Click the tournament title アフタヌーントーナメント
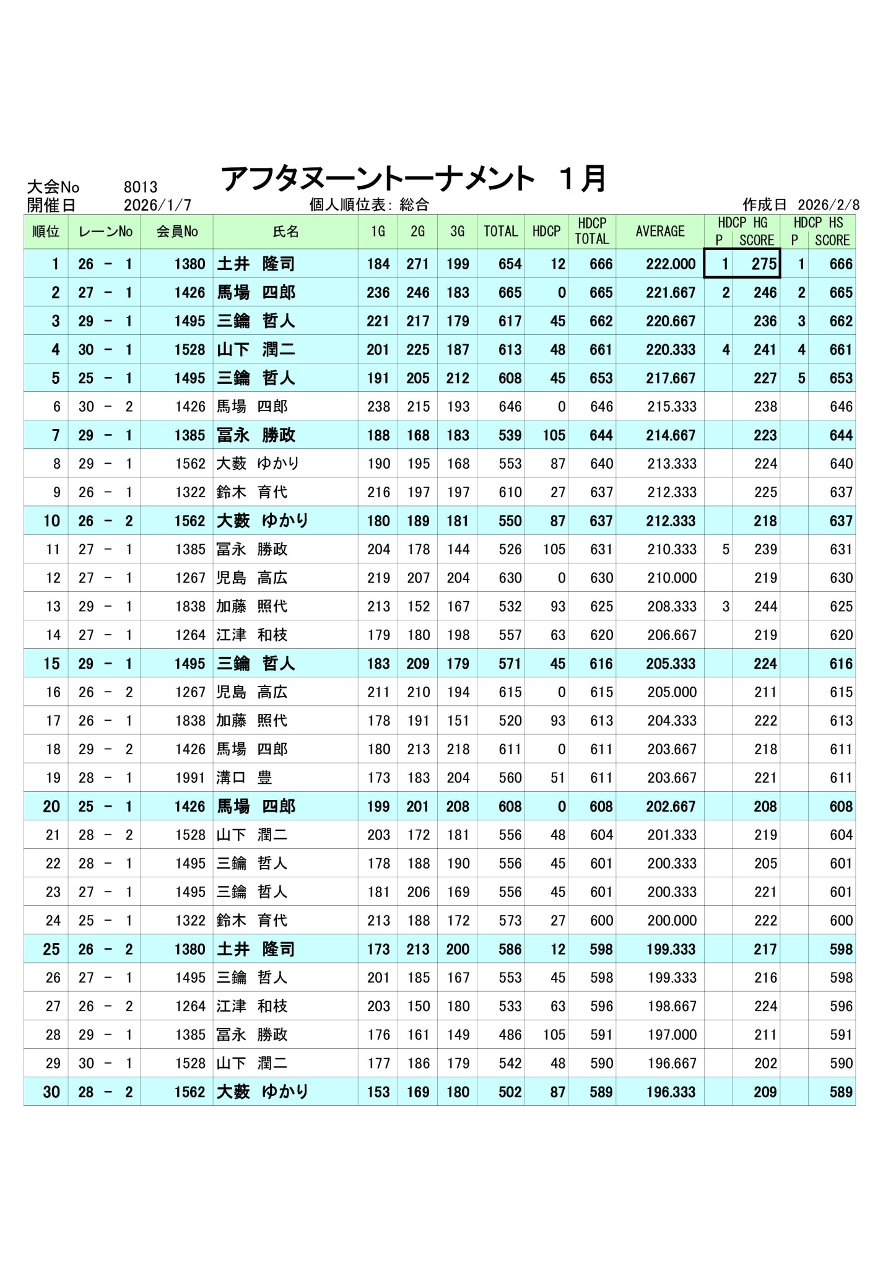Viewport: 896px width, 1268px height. [378, 180]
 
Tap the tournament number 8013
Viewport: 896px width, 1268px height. [141, 187]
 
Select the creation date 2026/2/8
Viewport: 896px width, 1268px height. [828, 205]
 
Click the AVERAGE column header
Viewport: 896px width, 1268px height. [659, 231]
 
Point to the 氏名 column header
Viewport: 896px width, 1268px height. [285, 232]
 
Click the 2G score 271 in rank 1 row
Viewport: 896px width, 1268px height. [418, 264]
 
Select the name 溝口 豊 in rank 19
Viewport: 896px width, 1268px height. [245, 778]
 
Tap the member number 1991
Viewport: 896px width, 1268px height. [189, 778]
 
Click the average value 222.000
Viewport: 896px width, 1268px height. [671, 264]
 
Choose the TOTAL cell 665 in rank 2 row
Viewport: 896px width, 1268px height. [510, 293]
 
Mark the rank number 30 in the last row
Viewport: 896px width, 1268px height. [51, 1092]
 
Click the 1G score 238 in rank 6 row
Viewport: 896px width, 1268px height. [378, 407]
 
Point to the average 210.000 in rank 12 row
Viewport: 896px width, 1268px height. [672, 578]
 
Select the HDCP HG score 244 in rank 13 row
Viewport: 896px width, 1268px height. [765, 606]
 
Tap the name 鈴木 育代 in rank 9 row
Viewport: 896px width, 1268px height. [252, 492]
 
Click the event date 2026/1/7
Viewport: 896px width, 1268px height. [157, 205]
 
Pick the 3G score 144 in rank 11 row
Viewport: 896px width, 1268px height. [458, 549]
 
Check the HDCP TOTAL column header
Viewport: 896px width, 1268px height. [591, 231]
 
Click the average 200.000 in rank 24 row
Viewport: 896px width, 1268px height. [672, 921]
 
